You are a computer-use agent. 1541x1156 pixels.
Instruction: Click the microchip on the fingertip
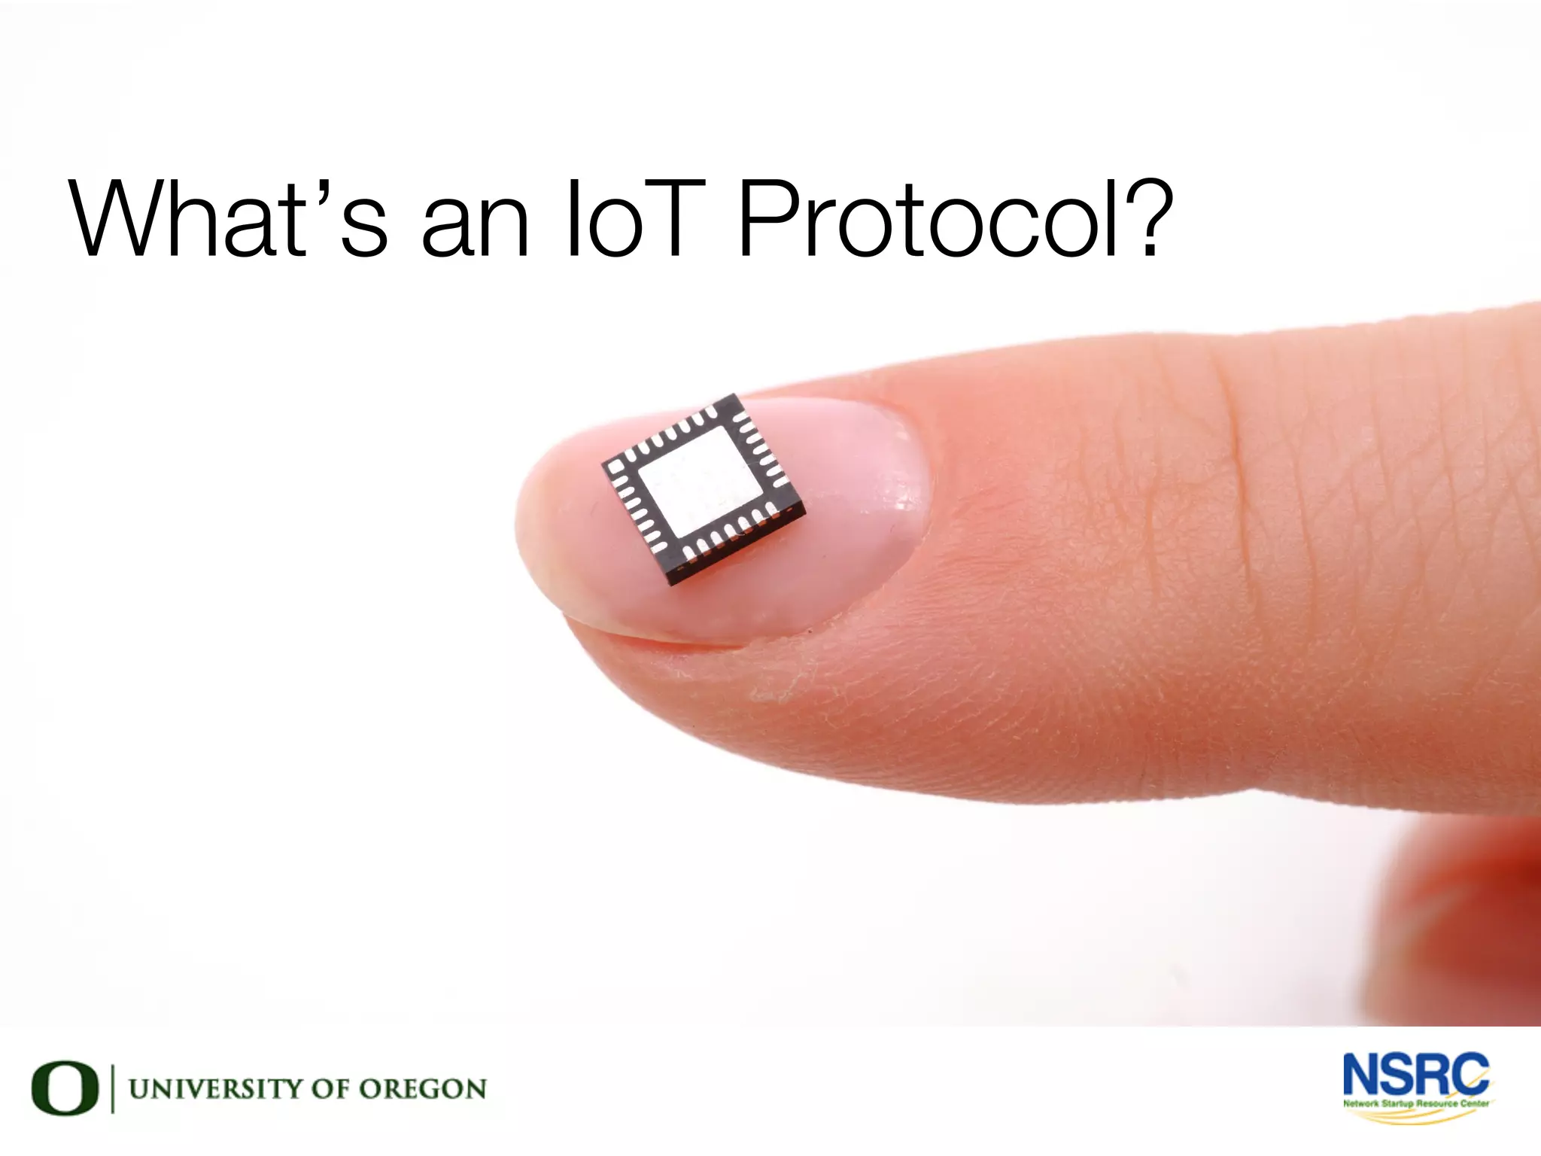[x=703, y=488]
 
